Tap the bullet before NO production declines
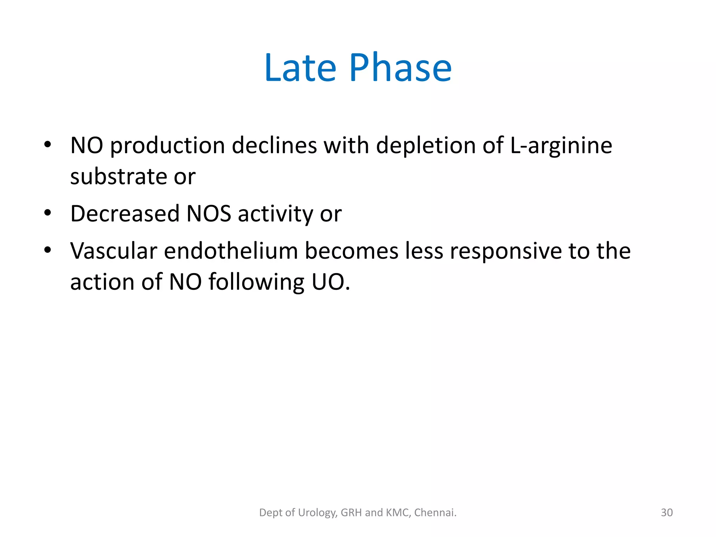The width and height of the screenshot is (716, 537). (48, 144)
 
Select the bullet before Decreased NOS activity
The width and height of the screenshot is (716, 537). (48, 213)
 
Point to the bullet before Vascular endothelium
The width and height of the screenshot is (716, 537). (48, 250)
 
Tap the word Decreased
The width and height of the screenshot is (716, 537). (125, 213)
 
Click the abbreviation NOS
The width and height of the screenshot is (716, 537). (209, 213)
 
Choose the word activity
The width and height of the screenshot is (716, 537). (275, 214)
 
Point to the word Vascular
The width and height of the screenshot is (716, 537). (114, 251)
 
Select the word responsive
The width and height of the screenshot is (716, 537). (506, 251)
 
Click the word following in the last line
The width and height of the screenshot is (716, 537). (257, 282)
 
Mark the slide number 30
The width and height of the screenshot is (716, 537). (667, 513)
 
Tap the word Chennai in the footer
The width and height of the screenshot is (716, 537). (434, 513)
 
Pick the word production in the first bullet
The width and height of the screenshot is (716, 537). (167, 145)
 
